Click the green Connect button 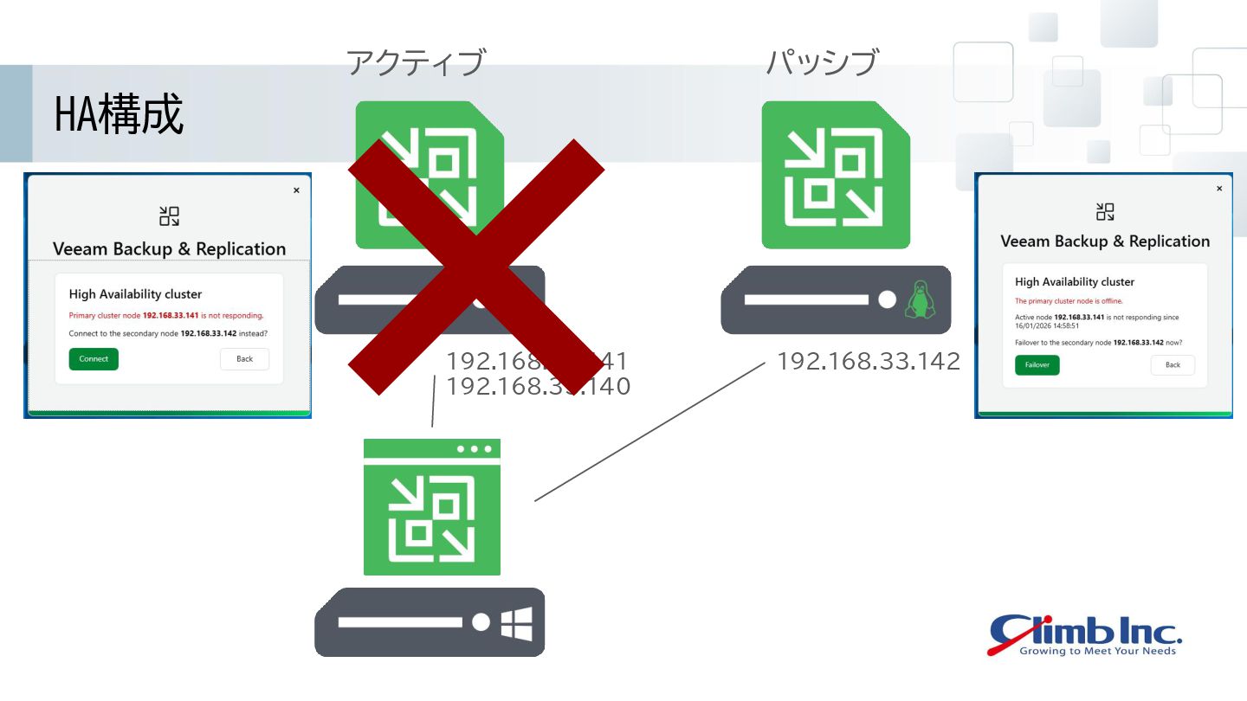pyautogui.click(x=94, y=359)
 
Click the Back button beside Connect pyautogui.click(x=244, y=359)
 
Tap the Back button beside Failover pyautogui.click(x=1173, y=365)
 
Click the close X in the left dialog pyautogui.click(x=296, y=190)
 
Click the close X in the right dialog pyautogui.click(x=1219, y=189)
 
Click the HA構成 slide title pyautogui.click(x=120, y=115)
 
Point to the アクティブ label pyautogui.click(x=416, y=63)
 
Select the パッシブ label pyautogui.click(x=822, y=63)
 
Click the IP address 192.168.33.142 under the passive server pyautogui.click(x=869, y=362)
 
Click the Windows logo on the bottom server pyautogui.click(x=516, y=623)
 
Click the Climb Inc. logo pyautogui.click(x=1084, y=635)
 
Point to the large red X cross pyautogui.click(x=475, y=267)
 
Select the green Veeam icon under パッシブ pyautogui.click(x=836, y=175)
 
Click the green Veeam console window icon pyautogui.click(x=432, y=508)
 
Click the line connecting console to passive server pyautogui.click(x=649, y=431)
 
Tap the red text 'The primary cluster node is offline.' pyautogui.click(x=1069, y=301)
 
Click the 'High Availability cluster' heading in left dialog pyautogui.click(x=135, y=294)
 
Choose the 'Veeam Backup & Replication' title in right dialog pyautogui.click(x=1105, y=241)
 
